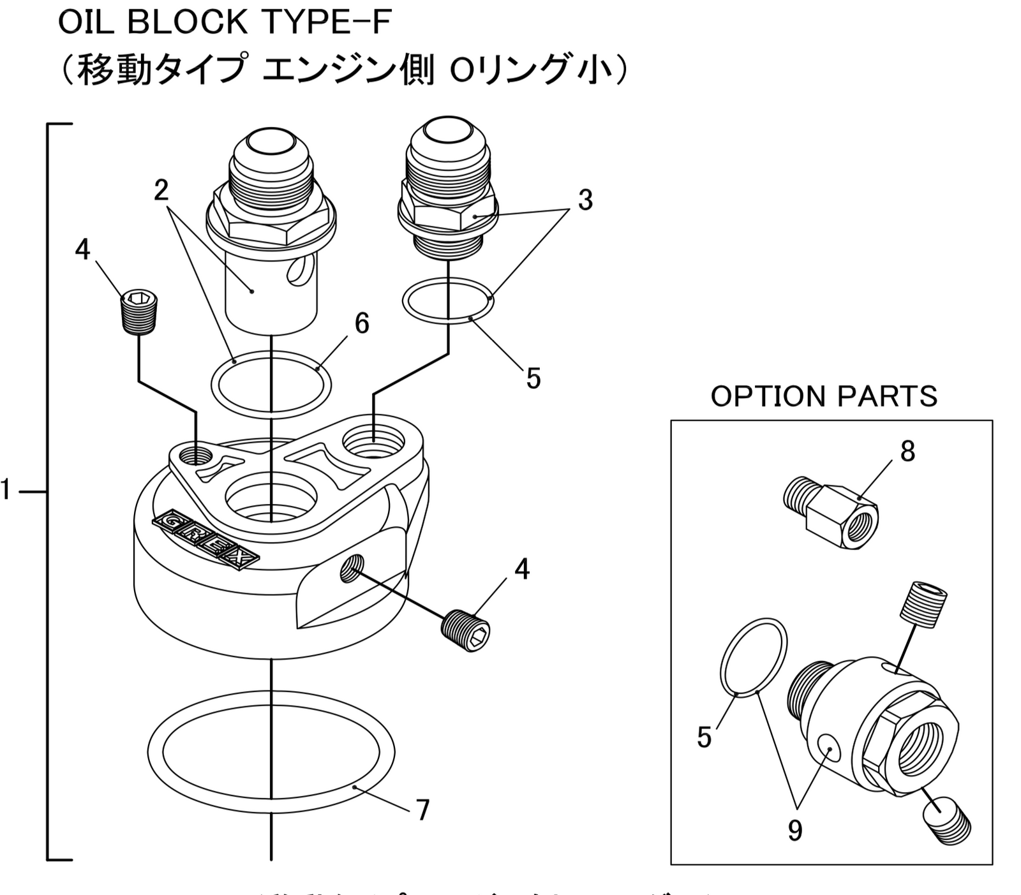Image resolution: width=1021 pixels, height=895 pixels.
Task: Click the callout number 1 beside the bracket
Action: click(6, 491)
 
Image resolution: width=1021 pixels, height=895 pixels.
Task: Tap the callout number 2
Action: click(161, 189)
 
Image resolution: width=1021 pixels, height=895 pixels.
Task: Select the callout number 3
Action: click(585, 200)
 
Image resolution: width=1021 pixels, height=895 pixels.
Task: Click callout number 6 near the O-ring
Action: click(362, 323)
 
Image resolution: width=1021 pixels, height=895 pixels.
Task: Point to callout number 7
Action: click(422, 810)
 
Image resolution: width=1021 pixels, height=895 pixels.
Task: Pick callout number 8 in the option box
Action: click(907, 452)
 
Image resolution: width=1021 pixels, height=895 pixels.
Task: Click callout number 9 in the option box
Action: click(794, 830)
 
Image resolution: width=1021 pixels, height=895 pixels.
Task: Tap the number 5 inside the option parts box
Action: click(704, 737)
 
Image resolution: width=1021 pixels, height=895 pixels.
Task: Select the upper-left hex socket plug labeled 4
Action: click(140, 312)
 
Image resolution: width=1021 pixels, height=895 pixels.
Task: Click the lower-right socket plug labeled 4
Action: click(466, 632)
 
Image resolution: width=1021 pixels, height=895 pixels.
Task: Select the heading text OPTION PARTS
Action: click(824, 396)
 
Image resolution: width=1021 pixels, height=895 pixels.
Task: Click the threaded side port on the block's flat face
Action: click(352, 567)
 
